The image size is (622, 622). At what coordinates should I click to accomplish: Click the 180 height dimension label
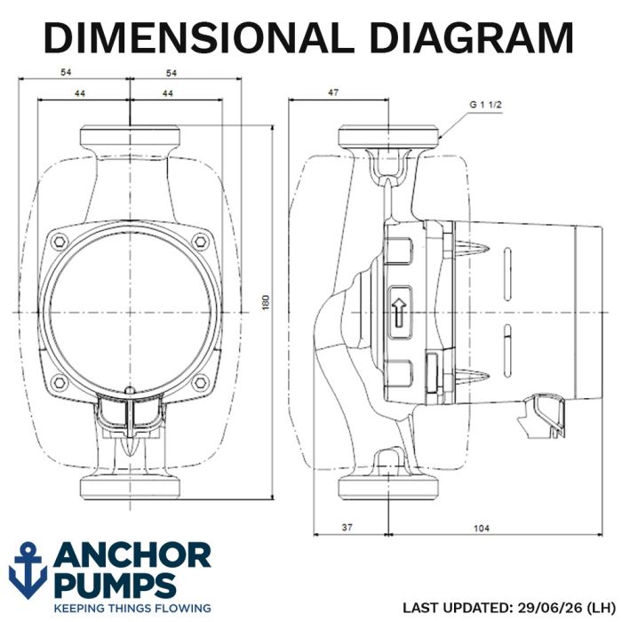(x=266, y=302)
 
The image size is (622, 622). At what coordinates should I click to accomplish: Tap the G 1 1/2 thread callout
(x=485, y=105)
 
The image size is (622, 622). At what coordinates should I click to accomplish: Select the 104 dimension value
(x=482, y=528)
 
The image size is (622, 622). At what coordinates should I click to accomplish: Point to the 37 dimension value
(x=347, y=527)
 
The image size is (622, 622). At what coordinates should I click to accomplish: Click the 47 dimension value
(x=333, y=92)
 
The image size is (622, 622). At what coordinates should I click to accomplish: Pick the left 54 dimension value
(x=66, y=72)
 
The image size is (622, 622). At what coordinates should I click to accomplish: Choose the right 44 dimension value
(x=168, y=93)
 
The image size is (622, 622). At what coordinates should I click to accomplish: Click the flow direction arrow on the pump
(x=399, y=312)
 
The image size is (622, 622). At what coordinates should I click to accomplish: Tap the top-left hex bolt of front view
(x=60, y=242)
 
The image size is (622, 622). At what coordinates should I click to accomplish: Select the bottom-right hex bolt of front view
(x=200, y=382)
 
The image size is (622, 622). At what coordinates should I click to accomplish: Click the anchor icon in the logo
(x=28, y=570)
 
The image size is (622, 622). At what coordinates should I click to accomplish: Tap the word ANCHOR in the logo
(x=132, y=555)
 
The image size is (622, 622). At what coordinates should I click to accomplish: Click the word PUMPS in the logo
(x=115, y=586)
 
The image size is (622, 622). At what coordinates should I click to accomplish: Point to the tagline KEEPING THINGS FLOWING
(x=132, y=608)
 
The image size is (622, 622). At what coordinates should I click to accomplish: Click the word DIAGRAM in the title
(x=471, y=37)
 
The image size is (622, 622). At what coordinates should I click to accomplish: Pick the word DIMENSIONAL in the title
(x=199, y=37)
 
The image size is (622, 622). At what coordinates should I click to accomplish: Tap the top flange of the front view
(x=130, y=136)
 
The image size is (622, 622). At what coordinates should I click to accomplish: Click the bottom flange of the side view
(x=388, y=488)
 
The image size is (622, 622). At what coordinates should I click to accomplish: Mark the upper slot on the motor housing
(x=507, y=274)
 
